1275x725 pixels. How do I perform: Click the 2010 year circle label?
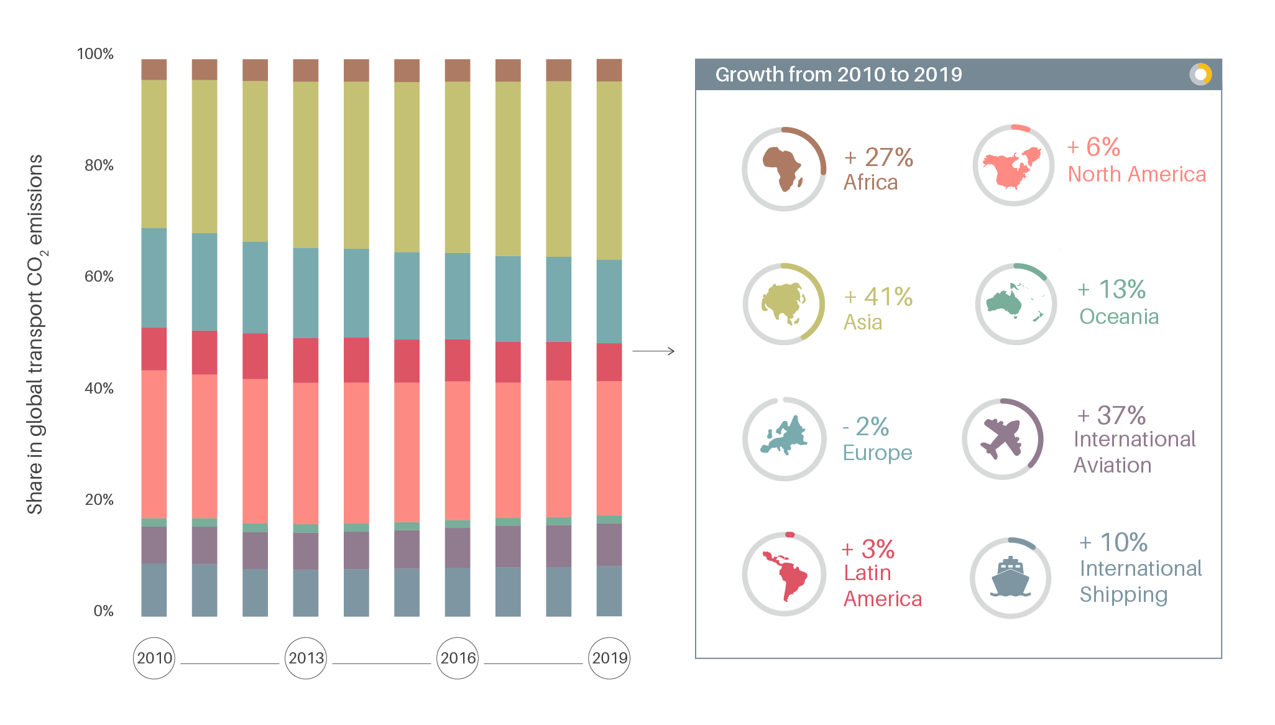(x=154, y=658)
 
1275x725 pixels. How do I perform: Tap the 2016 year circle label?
(x=458, y=658)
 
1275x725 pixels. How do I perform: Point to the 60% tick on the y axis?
(x=99, y=277)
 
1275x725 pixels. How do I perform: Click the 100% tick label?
(x=95, y=54)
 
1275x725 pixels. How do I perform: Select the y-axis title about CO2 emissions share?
(x=35, y=334)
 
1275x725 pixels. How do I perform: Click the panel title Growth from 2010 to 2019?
(x=838, y=75)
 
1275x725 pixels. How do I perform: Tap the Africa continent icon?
(x=783, y=169)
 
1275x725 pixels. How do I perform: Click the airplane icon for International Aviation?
(x=1001, y=438)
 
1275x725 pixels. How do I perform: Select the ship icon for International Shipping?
(x=1010, y=578)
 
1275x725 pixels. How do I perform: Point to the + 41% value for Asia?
(x=878, y=297)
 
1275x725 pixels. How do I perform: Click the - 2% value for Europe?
(x=865, y=427)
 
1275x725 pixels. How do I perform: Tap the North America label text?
(x=1136, y=174)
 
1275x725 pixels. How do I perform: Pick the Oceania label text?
(x=1118, y=316)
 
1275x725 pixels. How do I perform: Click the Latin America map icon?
(x=785, y=575)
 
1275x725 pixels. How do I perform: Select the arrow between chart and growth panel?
(x=653, y=351)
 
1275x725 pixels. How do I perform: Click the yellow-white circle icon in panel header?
(x=1200, y=75)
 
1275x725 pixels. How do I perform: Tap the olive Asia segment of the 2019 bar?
(x=609, y=170)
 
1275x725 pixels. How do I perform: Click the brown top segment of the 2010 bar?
(x=154, y=70)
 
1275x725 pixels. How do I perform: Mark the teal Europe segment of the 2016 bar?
(x=457, y=296)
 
